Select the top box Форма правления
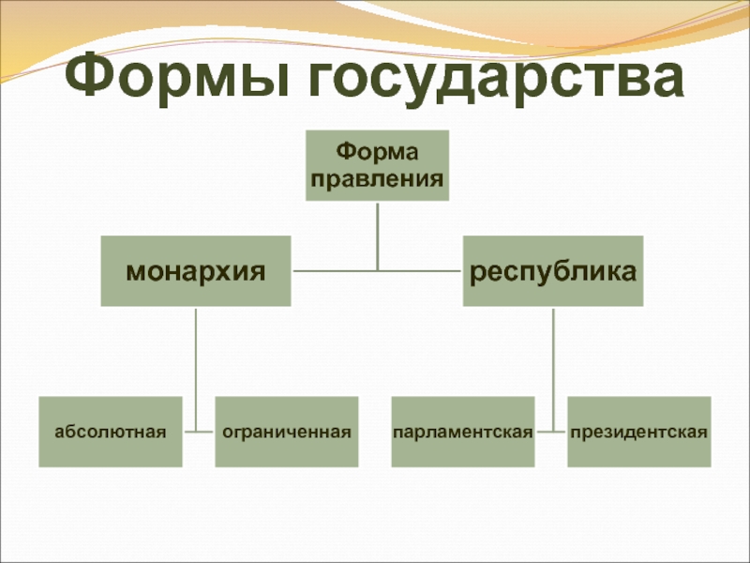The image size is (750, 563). [377, 165]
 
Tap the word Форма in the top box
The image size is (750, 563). [377, 150]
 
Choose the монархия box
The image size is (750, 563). [196, 271]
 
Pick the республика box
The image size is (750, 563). [553, 271]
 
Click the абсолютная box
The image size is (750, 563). [110, 432]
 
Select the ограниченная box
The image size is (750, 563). [286, 432]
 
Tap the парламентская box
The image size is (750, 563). [463, 432]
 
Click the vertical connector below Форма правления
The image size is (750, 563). [377, 235]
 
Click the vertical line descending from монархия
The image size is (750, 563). [197, 366]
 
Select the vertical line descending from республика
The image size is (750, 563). [553, 366]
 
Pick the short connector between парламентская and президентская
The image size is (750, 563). [552, 433]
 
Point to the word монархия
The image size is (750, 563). [196, 272]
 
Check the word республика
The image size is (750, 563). [553, 272]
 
